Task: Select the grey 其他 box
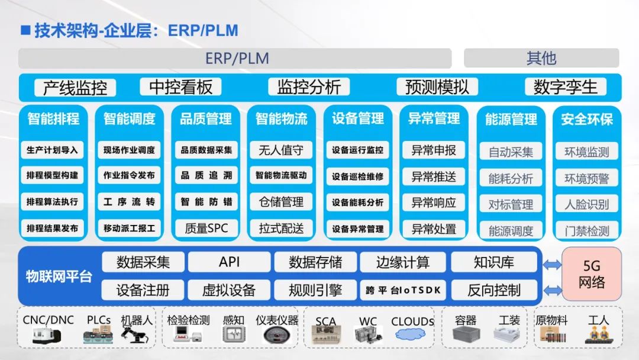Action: click(541, 59)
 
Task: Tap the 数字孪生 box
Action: click(566, 87)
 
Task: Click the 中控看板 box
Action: click(180, 87)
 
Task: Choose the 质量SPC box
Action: click(205, 228)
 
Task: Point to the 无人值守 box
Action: click(281, 150)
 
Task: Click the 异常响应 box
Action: click(434, 202)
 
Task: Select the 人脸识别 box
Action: click(586, 204)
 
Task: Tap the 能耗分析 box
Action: click(510, 178)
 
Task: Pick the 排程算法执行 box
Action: click(52, 202)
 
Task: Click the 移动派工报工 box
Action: click(129, 228)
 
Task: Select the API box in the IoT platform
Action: click(229, 262)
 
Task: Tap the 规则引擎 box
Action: click(315, 290)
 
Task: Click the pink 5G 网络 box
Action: click(592, 275)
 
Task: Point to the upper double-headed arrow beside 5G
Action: click(551, 265)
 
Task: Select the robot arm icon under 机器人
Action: click(135, 335)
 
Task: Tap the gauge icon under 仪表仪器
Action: click(277, 335)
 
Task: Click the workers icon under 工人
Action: click(598, 335)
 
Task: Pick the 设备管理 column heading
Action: click(357, 118)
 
